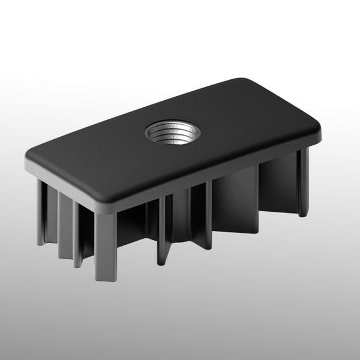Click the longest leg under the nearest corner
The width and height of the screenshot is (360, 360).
105,246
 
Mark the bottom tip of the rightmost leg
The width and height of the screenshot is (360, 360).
304,214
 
